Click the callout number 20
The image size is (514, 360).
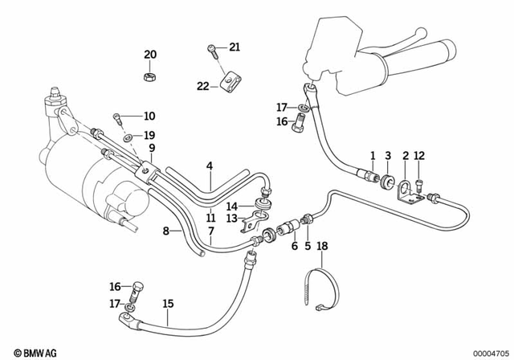click(150, 55)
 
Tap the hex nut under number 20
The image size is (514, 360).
click(149, 76)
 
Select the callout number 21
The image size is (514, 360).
click(234, 48)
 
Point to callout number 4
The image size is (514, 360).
click(210, 167)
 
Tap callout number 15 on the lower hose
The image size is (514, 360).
click(168, 304)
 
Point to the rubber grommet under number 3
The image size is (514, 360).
click(386, 178)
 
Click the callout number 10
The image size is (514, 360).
click(149, 117)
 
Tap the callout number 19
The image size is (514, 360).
click(149, 135)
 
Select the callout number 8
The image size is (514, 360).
click(167, 231)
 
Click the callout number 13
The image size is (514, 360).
click(230, 218)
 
